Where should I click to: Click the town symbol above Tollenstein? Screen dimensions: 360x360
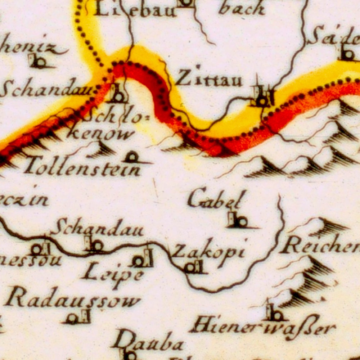[x=132, y=157]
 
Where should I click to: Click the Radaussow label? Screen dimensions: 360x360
[x=73, y=300]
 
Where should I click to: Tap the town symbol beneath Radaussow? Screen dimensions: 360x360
[x=77, y=318]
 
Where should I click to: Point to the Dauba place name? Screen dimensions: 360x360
[x=148, y=342]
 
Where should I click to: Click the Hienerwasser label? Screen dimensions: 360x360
[x=262, y=328]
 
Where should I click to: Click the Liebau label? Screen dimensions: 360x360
[x=135, y=9]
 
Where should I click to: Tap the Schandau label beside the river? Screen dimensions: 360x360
[x=99, y=229]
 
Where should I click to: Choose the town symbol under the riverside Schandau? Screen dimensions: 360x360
[x=94, y=245]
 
